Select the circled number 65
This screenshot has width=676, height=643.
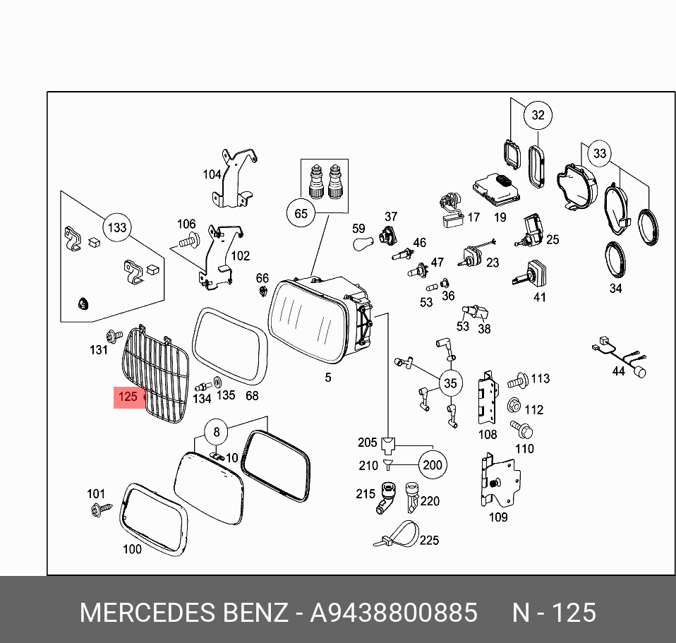click(301, 213)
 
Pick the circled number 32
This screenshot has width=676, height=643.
click(538, 115)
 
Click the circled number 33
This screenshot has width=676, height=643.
click(599, 153)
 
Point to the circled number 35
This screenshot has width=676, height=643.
click(449, 384)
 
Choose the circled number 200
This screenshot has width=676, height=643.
click(432, 464)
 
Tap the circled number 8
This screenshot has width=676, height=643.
click(217, 431)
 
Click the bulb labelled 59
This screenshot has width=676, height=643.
click(363, 245)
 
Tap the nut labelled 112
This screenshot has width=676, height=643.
click(514, 407)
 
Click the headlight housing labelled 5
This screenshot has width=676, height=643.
click(318, 318)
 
